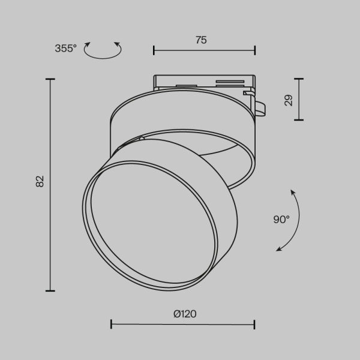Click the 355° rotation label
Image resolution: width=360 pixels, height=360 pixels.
(66, 49)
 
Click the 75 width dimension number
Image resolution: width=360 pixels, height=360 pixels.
(201, 40)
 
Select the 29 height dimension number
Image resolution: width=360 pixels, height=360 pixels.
(289, 100)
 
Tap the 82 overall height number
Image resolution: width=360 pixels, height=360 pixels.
(40, 181)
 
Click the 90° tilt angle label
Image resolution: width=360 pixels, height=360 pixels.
(281, 220)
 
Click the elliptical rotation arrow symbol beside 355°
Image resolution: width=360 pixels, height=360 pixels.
(102, 50)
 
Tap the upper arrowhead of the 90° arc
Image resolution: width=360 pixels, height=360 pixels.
(292, 192)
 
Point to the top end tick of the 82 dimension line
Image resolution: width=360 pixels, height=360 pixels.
(50, 79)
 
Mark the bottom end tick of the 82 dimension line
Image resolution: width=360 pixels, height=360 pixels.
(50, 290)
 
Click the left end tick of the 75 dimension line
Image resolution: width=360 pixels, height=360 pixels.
(154, 50)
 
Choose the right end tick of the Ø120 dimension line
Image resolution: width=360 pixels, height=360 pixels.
(255, 325)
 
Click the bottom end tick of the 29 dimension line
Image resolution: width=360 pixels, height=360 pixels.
(298, 120)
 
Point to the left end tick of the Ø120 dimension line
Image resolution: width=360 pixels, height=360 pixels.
(112, 325)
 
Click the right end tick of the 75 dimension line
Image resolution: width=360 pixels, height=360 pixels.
(255, 50)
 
